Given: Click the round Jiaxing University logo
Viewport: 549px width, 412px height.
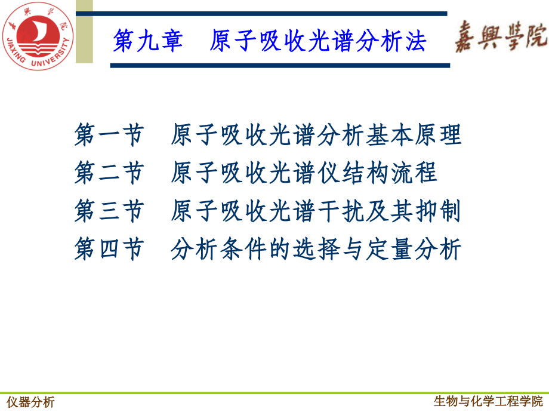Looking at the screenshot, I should click(x=36, y=36).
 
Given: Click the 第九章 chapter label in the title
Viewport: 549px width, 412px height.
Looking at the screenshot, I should click(x=147, y=42).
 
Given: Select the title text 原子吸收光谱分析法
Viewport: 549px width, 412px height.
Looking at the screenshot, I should click(x=318, y=42).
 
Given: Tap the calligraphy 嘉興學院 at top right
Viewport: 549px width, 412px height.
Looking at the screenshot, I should click(x=501, y=37).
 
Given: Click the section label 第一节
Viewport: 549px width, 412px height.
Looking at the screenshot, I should click(x=109, y=136).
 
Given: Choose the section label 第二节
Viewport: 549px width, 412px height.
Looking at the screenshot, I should click(x=109, y=173).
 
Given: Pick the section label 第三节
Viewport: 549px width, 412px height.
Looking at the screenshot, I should click(x=109, y=211).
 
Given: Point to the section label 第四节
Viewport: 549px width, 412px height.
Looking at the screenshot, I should click(x=109, y=249).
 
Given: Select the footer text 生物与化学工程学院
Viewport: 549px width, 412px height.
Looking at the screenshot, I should click(x=489, y=401).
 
